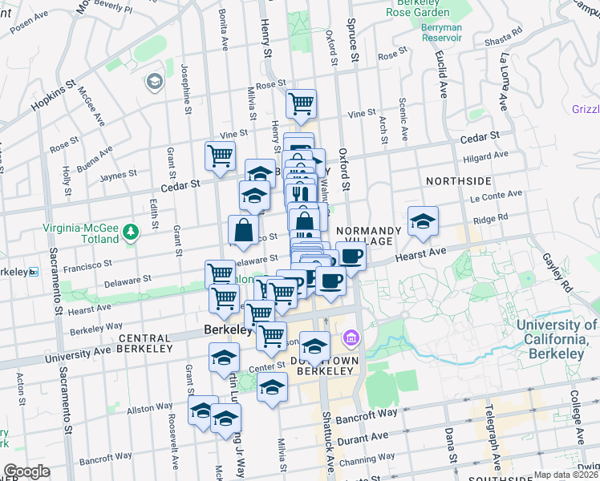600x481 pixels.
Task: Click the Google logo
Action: click(26, 472)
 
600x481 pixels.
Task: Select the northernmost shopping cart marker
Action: click(301, 103)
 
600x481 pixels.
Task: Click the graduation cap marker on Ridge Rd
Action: click(423, 221)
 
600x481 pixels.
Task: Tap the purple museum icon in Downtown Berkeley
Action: click(350, 339)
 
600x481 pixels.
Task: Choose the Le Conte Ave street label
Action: click(497, 195)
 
